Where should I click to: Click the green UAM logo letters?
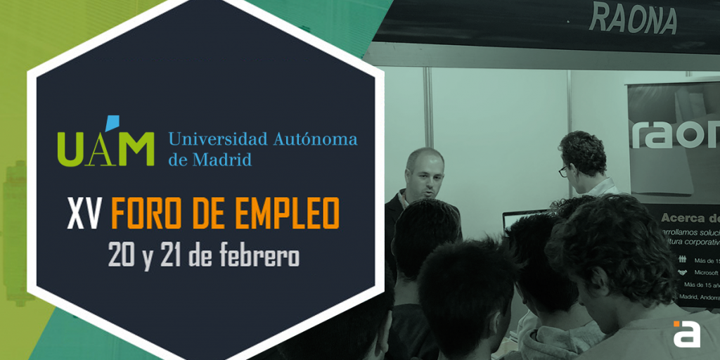pos(105,146)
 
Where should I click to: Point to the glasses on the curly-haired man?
pos(565,170)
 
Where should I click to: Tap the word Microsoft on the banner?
pos(706,272)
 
